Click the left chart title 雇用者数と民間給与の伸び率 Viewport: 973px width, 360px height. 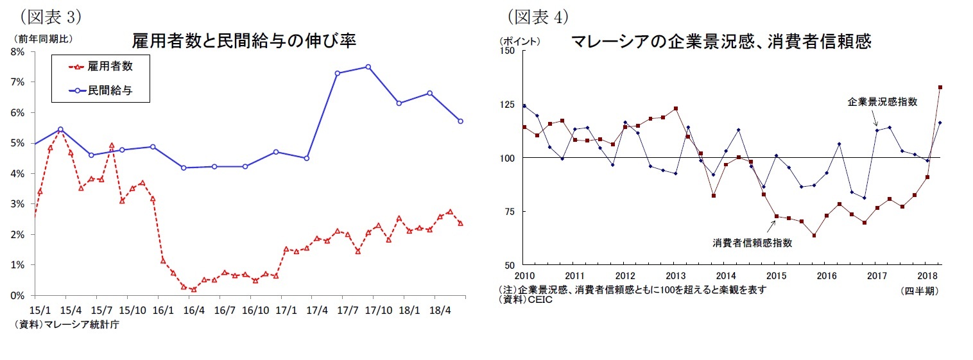pos(243,41)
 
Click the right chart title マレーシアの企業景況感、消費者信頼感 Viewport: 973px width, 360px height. pos(720,42)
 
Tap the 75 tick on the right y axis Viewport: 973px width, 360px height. pos(510,211)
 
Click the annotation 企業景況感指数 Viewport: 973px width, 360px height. pos(882,101)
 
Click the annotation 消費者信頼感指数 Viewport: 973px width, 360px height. pos(752,243)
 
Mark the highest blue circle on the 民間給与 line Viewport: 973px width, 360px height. pos(368,67)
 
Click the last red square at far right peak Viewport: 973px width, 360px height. pos(940,87)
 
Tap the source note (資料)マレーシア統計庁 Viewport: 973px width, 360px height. pos(66,324)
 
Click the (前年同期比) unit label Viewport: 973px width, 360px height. pos(42,39)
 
